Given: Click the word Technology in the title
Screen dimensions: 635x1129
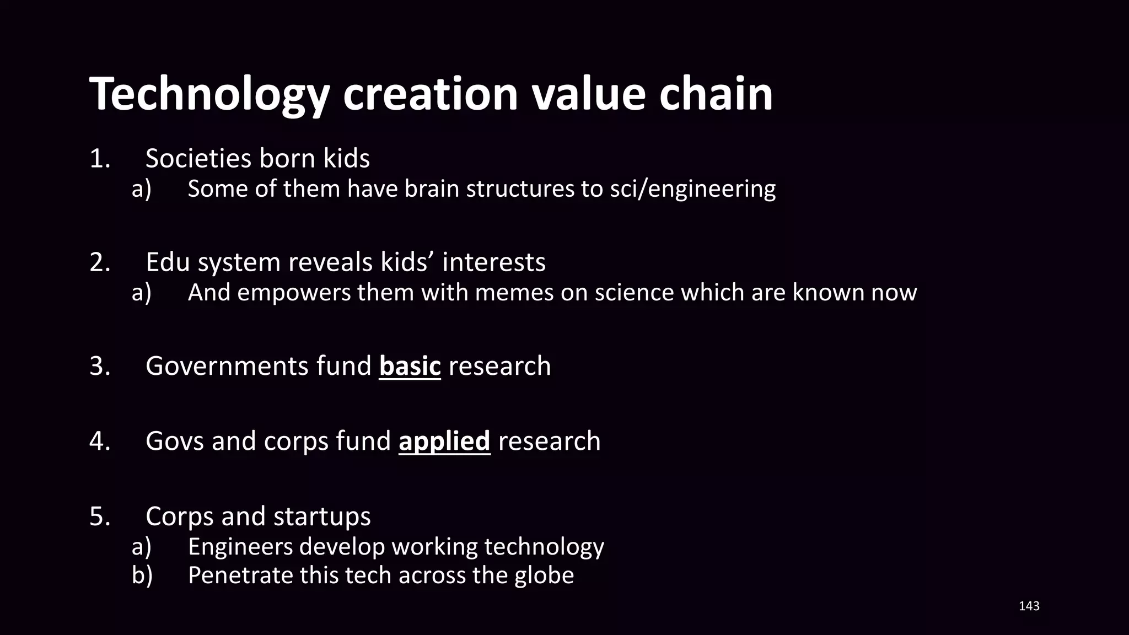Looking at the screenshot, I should click(209, 95).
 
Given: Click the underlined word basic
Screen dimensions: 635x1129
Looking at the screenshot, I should click(410, 367).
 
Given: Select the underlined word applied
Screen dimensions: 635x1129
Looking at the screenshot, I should click(444, 442).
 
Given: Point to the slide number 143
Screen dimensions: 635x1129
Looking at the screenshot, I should click(1029, 606).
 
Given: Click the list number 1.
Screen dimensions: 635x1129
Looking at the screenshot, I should click(99, 159).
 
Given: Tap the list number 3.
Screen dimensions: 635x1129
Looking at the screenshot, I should click(99, 367).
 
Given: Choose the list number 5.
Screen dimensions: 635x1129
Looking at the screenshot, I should click(99, 516).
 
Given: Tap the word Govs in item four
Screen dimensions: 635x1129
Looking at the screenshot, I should click(175, 442).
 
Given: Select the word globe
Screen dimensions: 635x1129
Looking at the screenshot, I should click(544, 575).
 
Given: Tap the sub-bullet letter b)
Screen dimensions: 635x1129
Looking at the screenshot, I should click(142, 575).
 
